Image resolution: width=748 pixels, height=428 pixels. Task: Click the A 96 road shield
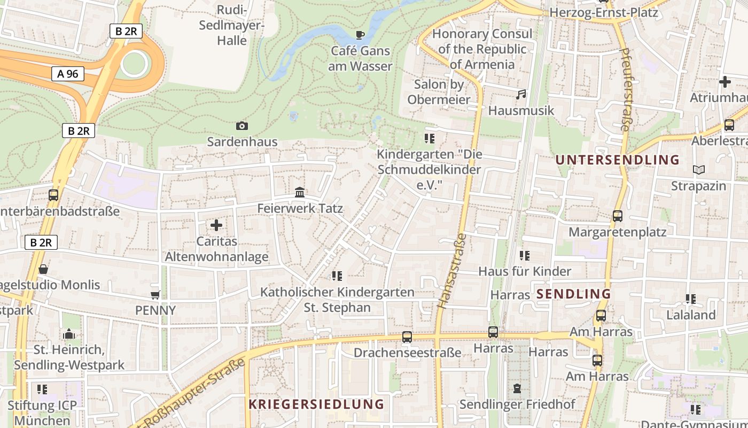pos(68,74)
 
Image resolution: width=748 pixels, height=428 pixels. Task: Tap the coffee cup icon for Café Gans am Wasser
pos(360,35)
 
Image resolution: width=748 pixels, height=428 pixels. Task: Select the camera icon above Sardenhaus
pos(242,126)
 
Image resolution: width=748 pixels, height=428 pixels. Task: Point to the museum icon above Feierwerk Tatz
pos(300,192)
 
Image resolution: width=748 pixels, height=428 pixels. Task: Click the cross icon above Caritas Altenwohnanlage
pos(216,225)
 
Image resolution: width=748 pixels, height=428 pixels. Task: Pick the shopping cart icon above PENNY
pos(155,295)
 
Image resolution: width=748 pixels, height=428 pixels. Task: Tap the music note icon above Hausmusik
pos(521,95)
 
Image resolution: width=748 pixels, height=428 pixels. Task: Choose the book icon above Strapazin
pos(698,170)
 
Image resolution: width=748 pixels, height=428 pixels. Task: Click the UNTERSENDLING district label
pos(617,159)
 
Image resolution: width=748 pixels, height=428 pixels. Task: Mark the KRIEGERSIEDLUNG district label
pos(316,404)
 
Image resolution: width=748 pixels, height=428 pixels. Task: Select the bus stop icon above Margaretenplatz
pos(617,216)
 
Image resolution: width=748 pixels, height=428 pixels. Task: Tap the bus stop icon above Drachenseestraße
pos(407,337)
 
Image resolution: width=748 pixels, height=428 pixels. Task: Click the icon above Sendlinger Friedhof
pos(517,388)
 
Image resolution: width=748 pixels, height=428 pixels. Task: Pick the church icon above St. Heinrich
pos(68,334)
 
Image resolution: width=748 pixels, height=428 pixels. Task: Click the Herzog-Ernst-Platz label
pos(604,12)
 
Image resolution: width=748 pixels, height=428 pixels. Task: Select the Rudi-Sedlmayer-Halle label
pos(232,25)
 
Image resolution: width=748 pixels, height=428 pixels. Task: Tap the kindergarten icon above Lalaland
pos(690,299)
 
